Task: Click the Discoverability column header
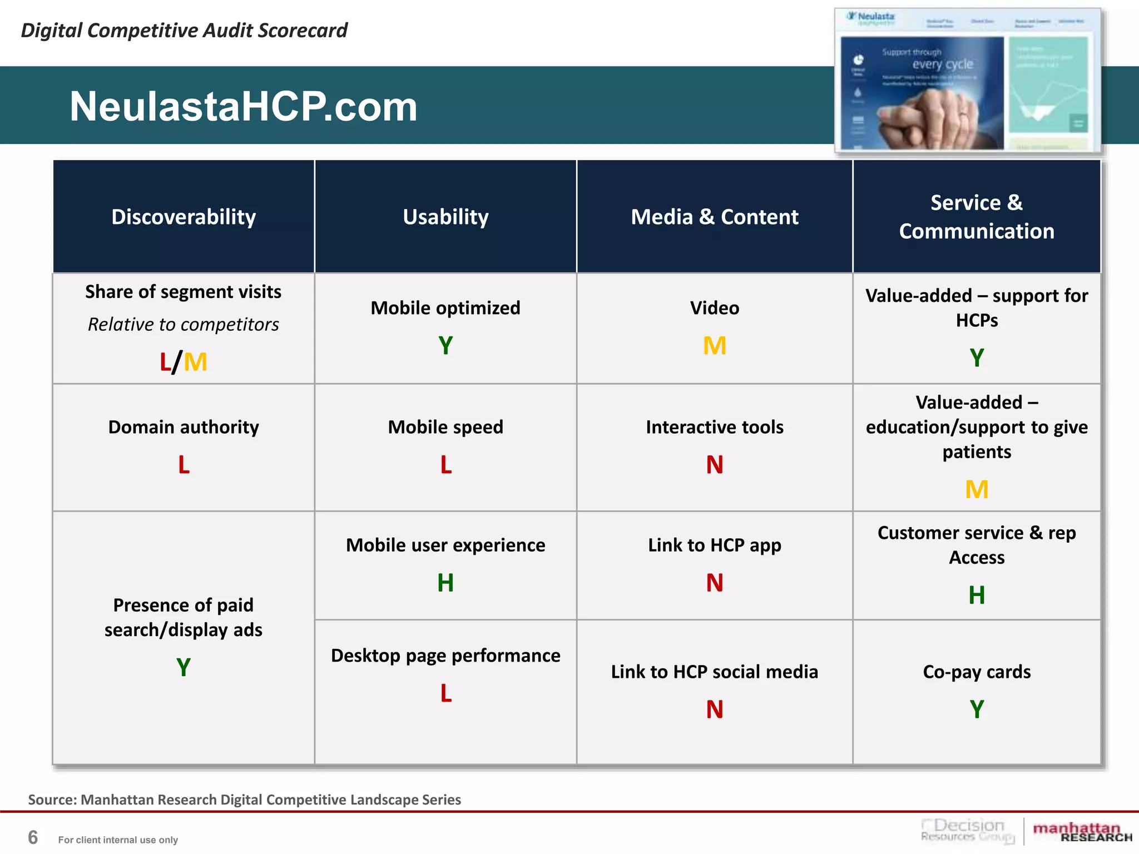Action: [x=184, y=217]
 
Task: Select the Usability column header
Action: [x=445, y=217]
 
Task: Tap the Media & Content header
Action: [x=714, y=217]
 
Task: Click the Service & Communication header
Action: [x=977, y=217]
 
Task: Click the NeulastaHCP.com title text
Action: [x=243, y=106]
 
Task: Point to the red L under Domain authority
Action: [x=184, y=465]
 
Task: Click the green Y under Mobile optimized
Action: [x=445, y=346]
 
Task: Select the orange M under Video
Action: [x=714, y=346]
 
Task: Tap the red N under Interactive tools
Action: [x=714, y=465]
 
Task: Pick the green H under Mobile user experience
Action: [x=445, y=583]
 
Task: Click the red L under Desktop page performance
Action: [x=445, y=693]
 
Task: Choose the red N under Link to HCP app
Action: [x=714, y=583]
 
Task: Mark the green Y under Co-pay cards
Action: [x=977, y=709]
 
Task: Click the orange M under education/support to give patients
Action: [x=977, y=490]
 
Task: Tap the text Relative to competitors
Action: [x=184, y=324]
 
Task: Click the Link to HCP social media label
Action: [x=714, y=672]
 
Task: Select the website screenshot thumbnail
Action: [x=968, y=81]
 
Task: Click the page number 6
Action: [x=33, y=837]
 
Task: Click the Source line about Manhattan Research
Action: [x=245, y=800]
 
